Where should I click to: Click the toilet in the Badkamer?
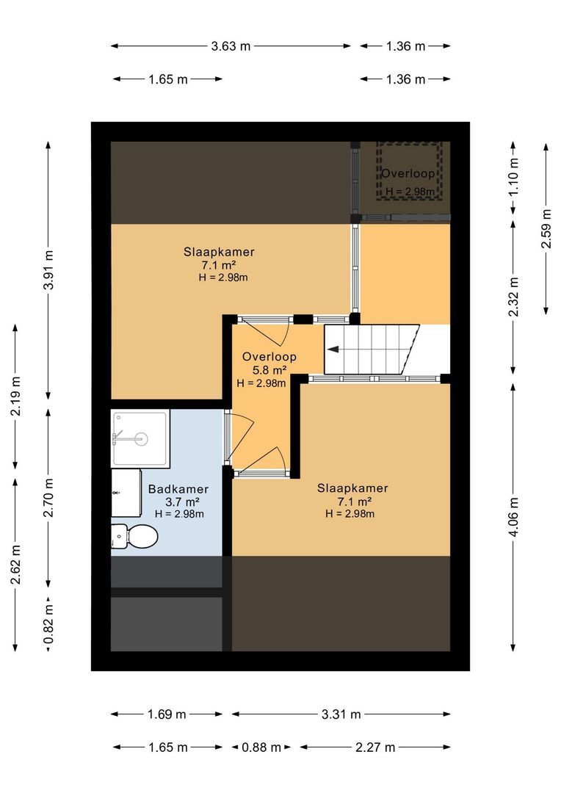pyautogui.click(x=134, y=537)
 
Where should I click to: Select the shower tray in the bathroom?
pyautogui.click(x=140, y=438)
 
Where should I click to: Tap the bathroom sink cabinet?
pyautogui.click(x=126, y=493)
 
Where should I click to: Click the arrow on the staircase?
pyautogui.click(x=332, y=350)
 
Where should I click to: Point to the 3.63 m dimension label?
pyautogui.click(x=231, y=46)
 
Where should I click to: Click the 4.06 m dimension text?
pyautogui.click(x=513, y=517)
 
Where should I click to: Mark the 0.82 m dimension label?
pyautogui.click(x=49, y=624)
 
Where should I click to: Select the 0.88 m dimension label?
pyautogui.click(x=261, y=747)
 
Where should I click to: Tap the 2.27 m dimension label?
pyautogui.click(x=374, y=747)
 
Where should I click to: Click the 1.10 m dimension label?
pyautogui.click(x=513, y=176)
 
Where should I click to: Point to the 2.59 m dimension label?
pyautogui.click(x=546, y=229)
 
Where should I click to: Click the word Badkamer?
pyautogui.click(x=178, y=490)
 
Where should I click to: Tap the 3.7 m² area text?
pyautogui.click(x=178, y=502)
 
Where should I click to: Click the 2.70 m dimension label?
pyautogui.click(x=49, y=498)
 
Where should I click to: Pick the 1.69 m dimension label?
pyautogui.click(x=167, y=714)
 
